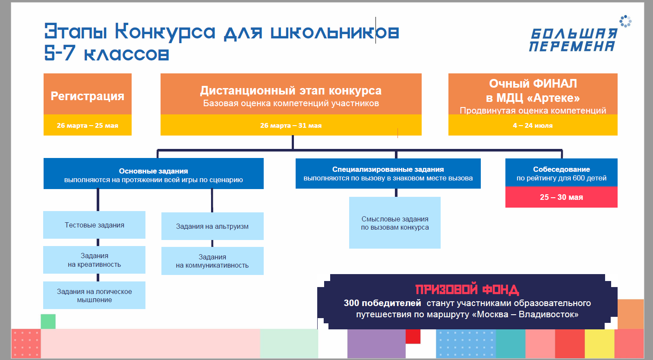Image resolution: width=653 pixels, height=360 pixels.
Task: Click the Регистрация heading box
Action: coord(88,94)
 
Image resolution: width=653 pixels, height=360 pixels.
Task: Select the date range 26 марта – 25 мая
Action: coord(88,125)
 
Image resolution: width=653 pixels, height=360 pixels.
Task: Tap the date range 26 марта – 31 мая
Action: coord(291,125)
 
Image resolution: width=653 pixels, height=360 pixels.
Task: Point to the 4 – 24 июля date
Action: coord(533,125)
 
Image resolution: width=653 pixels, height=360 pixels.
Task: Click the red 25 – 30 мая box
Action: coord(561,197)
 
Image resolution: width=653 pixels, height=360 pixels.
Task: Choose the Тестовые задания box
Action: coord(94,225)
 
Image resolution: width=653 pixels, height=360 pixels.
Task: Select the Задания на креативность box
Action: coord(94,260)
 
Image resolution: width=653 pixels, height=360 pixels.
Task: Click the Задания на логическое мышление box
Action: coord(94,295)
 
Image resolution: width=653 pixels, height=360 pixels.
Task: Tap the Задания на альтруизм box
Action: coord(212,226)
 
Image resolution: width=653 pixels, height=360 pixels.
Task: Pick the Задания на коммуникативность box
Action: coord(212,261)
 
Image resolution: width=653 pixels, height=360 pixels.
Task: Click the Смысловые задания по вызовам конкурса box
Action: coord(395,223)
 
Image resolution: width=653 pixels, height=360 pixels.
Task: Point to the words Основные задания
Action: coord(153,171)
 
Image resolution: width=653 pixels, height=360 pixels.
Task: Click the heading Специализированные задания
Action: coord(388,169)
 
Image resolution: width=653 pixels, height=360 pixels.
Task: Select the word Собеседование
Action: coord(562,169)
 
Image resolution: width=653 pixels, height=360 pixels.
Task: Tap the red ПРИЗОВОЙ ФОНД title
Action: coord(467,290)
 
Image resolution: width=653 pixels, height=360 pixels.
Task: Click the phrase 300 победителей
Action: coord(382,303)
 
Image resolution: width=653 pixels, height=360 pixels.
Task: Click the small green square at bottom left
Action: coord(48,322)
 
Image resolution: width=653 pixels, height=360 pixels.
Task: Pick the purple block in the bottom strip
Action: coord(376,344)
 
